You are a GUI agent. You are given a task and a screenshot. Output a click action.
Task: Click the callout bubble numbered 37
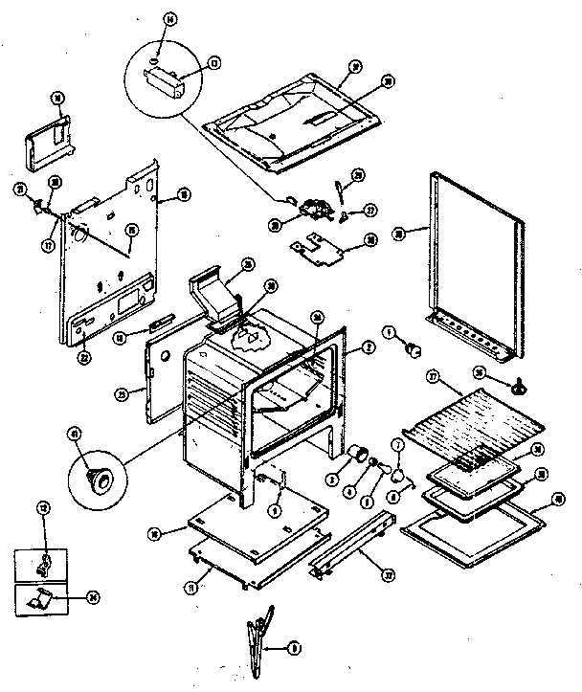coord(431,379)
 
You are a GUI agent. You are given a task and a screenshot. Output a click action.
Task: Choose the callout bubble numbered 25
coord(248,264)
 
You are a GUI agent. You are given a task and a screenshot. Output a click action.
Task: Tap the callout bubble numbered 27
coord(372,211)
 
